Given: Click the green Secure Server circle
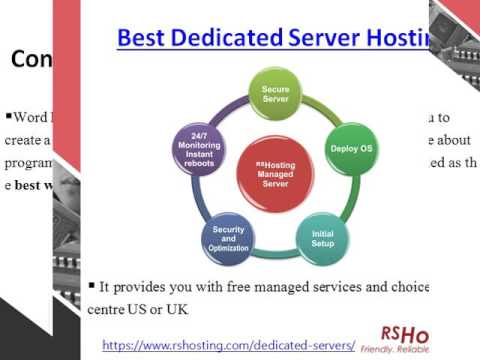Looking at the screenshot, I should coord(275,95).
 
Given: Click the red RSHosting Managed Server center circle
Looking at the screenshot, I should coord(275,170).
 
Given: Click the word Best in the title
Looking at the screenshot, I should coord(142,38).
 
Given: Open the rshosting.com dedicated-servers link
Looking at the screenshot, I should coord(228,344).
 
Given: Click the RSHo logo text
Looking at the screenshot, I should coord(405,335).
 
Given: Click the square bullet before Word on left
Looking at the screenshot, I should coord(8,113).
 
